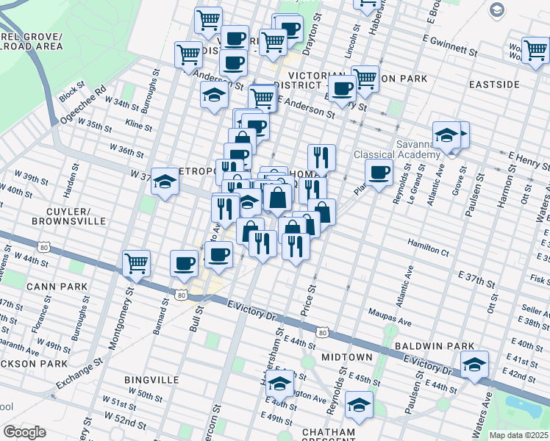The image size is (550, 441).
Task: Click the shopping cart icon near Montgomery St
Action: (137, 263)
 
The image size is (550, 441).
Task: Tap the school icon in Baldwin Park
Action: (474, 365)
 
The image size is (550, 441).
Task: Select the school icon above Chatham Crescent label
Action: (359, 404)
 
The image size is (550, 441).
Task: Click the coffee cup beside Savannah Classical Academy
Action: (379, 173)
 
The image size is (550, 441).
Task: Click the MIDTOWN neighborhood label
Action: (346, 356)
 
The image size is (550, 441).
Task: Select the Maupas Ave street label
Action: (390, 320)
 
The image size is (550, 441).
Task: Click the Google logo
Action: (24, 432)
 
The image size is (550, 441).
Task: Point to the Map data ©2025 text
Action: (518, 435)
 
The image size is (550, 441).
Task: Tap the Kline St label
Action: (138, 126)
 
